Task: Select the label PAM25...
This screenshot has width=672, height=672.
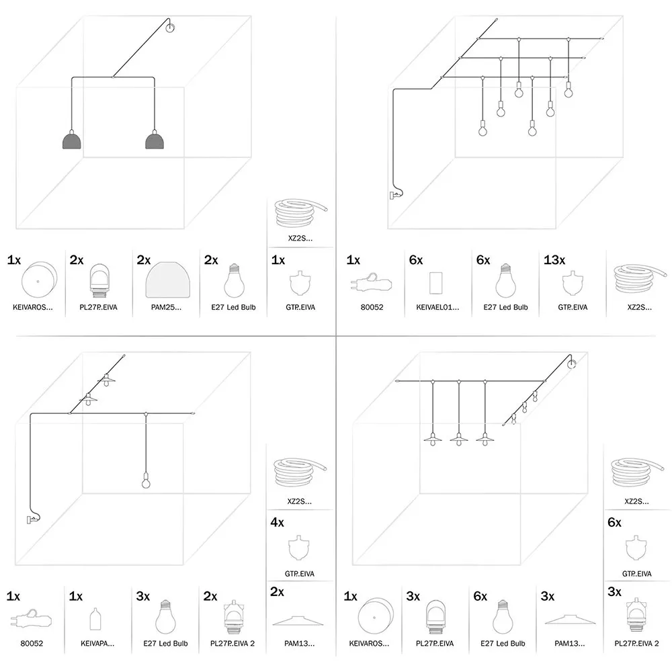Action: (166, 307)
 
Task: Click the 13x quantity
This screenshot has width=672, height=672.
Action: (553, 259)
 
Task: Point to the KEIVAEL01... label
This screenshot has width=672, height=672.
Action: (435, 307)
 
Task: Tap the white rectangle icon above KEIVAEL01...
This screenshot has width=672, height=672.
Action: (435, 283)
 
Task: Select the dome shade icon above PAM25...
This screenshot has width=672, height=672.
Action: (166, 281)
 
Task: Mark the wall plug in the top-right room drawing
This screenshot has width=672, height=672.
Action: (392, 195)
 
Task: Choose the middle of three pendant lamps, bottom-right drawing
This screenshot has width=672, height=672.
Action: (459, 440)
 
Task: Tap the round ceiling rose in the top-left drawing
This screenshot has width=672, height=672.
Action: (170, 28)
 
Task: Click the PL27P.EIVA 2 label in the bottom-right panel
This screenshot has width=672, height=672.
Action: (636, 643)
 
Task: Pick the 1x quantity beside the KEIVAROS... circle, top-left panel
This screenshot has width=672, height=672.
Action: (14, 259)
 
